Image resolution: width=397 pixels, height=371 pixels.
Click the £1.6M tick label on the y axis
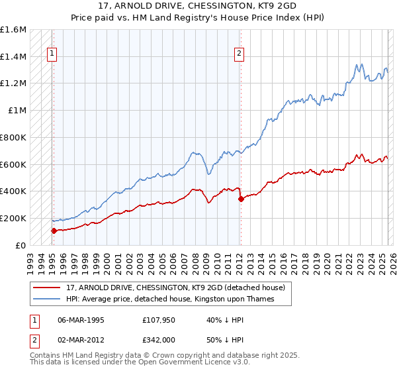[13, 30]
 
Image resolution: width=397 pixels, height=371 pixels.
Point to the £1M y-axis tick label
[18, 111]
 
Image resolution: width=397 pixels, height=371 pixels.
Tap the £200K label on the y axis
[13, 218]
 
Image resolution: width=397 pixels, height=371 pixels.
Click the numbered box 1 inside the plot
[52, 55]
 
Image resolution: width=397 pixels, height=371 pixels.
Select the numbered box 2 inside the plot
[239, 55]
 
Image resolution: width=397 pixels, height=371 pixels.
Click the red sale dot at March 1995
[54, 231]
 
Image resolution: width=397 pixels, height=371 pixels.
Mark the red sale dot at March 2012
[240, 199]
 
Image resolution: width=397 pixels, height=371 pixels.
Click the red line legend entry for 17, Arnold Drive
[175, 288]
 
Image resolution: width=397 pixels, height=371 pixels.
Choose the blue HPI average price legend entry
[169, 299]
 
